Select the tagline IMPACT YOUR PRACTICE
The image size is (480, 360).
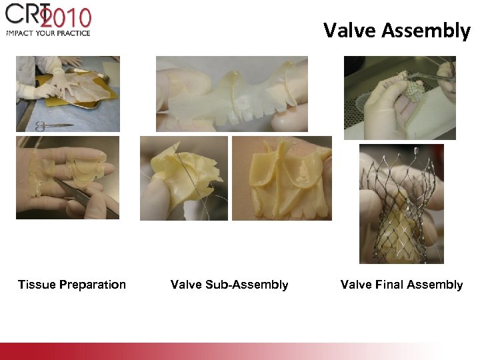tap(48, 33)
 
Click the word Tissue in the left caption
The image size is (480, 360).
tap(37, 285)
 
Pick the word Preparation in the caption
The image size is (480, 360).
tap(92, 285)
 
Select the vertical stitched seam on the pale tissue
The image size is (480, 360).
tap(233, 100)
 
